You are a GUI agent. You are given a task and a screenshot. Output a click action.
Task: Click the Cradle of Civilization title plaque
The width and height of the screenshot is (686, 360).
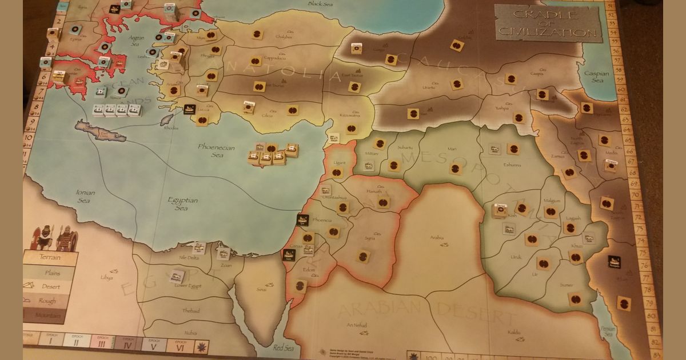coord(548,23)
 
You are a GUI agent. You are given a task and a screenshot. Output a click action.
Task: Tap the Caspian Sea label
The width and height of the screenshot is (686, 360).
coord(593,77)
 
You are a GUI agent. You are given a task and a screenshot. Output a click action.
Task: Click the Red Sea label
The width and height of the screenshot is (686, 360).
coord(283,347)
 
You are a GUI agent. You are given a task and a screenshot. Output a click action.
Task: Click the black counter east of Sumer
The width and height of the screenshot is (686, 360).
coord(615,261)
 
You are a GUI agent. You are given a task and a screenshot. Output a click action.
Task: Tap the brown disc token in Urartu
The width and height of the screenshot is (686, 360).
coord(456,85)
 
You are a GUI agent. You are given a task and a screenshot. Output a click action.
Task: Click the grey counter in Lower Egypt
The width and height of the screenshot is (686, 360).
coord(177,275)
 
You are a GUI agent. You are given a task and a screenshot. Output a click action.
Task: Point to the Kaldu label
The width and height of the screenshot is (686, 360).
coord(513,331)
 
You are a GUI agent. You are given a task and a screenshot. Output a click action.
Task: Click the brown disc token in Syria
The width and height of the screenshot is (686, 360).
coord(362,256)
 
